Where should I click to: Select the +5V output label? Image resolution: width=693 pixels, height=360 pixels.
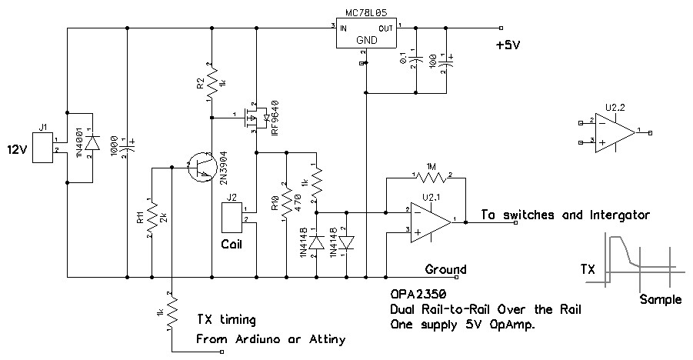click(x=508, y=45)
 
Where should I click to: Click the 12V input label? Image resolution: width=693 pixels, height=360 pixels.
click(x=18, y=148)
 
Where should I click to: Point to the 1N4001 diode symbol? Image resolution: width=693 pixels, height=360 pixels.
click(x=92, y=143)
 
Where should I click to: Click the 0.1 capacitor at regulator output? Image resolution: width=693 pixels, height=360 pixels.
click(x=415, y=59)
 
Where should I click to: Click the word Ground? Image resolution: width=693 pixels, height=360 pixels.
click(x=445, y=269)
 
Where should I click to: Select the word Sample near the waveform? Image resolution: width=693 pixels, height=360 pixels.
click(x=660, y=299)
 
